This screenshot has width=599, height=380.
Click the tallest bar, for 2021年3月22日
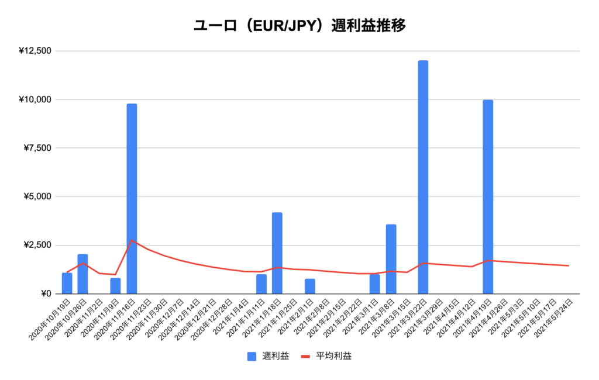point(423,177)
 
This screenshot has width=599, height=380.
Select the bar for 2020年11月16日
point(132,199)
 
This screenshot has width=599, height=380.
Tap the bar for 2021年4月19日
point(488,196)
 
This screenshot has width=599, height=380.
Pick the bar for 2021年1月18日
point(277,253)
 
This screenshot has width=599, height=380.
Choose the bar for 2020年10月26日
point(83,274)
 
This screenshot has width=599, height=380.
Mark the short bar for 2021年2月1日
point(309,286)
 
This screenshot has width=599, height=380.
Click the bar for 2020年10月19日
point(67,283)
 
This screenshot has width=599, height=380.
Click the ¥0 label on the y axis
point(44,293)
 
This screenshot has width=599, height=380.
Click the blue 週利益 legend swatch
point(252,355)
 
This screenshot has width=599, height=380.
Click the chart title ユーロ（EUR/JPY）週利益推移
point(299,26)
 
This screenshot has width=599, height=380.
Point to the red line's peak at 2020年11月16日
point(132,240)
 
